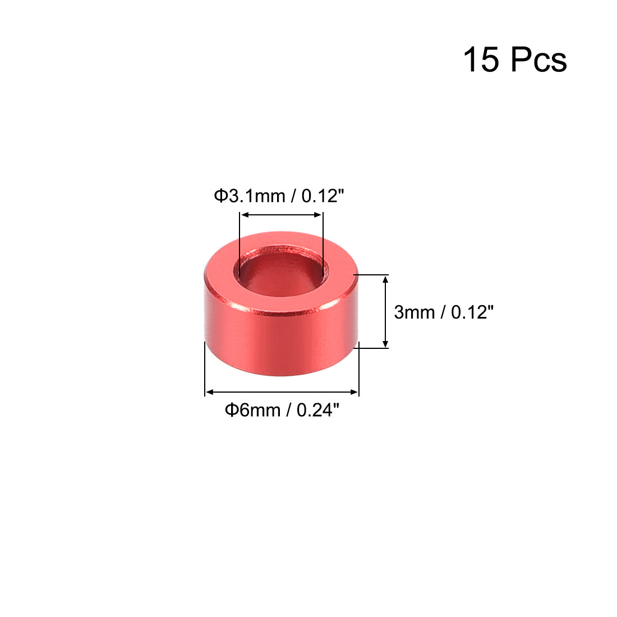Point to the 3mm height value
[x=415, y=312]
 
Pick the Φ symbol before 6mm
[x=231, y=411]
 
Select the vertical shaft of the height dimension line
[x=385, y=311]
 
